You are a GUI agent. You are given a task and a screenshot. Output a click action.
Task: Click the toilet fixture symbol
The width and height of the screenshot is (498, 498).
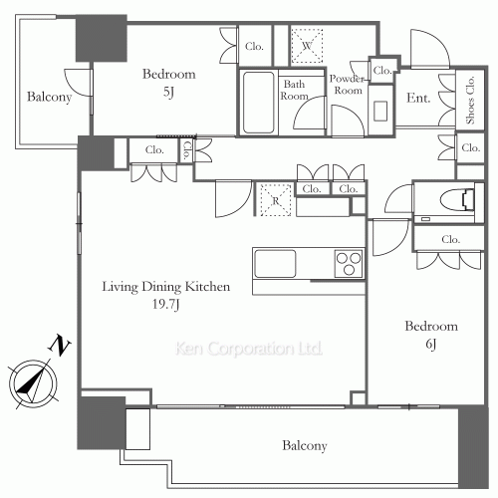(x=457, y=199)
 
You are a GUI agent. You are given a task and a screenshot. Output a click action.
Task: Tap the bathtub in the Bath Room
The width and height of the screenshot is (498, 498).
(x=258, y=103)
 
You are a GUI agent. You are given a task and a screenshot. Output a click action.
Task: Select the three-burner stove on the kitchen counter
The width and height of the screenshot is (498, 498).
(x=348, y=263)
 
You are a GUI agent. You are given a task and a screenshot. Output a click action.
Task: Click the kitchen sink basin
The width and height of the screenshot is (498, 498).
(x=275, y=264)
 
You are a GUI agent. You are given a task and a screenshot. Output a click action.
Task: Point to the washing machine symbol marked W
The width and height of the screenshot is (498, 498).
(x=307, y=46)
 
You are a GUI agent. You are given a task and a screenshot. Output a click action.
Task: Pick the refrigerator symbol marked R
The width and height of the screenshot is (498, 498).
(x=275, y=200)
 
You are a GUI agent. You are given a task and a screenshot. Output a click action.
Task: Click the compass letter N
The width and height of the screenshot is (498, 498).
(x=60, y=345)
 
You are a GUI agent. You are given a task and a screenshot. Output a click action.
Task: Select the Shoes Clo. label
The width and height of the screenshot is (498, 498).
(x=470, y=101)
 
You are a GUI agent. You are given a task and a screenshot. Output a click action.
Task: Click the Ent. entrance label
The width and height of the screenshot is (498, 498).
(x=418, y=98)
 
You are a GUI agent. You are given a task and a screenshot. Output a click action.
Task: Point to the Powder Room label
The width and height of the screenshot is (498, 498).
(x=347, y=85)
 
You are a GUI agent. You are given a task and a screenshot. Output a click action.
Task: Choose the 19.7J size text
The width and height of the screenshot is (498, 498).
(x=166, y=304)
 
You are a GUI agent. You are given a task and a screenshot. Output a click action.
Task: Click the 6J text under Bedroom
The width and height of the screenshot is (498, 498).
(x=431, y=344)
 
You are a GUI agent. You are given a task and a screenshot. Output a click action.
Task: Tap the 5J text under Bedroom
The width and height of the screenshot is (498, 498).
(x=168, y=92)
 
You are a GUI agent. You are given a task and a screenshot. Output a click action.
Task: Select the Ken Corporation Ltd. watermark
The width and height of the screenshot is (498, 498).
(x=249, y=349)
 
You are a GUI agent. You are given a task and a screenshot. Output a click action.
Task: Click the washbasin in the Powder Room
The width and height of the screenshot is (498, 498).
(x=380, y=111)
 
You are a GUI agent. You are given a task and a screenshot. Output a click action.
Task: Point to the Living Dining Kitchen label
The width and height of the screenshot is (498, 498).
(x=166, y=287)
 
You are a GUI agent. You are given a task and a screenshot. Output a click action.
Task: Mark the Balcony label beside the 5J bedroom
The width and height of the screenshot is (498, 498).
(x=49, y=97)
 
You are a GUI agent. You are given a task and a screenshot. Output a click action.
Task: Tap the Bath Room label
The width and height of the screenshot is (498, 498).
(x=294, y=90)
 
